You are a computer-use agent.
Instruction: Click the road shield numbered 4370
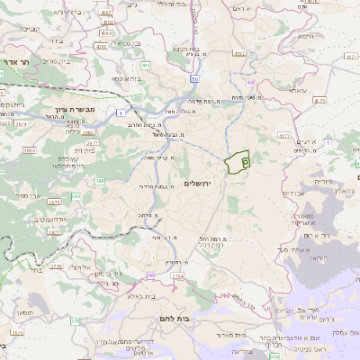[283, 136]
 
